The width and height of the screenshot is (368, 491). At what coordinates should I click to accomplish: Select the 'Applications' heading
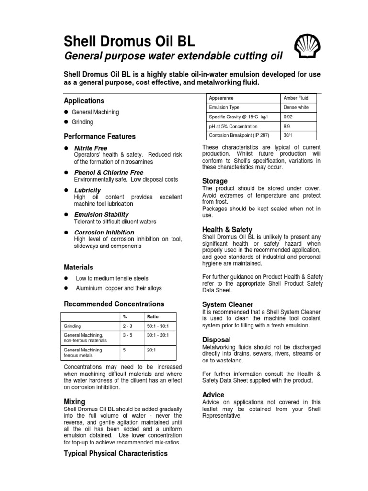pyautogui.click(x=84, y=101)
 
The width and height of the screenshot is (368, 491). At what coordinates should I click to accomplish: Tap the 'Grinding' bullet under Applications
pyautogui.click(x=82, y=122)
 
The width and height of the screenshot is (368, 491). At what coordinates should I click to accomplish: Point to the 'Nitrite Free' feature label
pyautogui.click(x=91, y=148)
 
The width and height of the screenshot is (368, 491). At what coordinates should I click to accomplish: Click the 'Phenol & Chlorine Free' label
pyautogui.click(x=108, y=172)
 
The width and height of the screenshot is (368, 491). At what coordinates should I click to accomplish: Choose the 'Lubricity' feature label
pyautogui.click(x=87, y=190)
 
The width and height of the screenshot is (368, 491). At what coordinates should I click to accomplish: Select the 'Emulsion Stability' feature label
pyautogui.click(x=101, y=214)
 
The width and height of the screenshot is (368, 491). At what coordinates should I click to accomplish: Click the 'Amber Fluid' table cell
pyautogui.click(x=296, y=98)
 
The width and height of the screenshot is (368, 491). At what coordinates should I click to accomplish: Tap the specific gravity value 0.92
pyautogui.click(x=288, y=117)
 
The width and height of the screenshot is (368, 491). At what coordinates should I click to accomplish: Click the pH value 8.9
pyautogui.click(x=287, y=127)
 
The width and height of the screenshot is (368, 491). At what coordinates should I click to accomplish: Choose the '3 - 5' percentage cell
pyautogui.click(x=127, y=335)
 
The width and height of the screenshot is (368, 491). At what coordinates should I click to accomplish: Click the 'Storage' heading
pyautogui.click(x=215, y=181)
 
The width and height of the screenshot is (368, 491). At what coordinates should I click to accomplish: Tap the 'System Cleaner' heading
pyautogui.click(x=228, y=304)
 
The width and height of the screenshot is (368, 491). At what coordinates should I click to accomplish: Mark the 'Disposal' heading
pyautogui.click(x=217, y=339)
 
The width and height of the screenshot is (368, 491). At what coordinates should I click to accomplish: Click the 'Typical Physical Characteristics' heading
pyautogui.click(x=115, y=453)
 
